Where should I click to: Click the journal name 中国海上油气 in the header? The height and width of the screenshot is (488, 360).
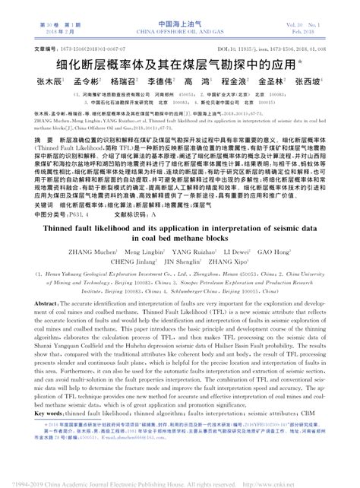[180, 25]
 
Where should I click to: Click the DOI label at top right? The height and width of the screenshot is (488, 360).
[224, 49]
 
